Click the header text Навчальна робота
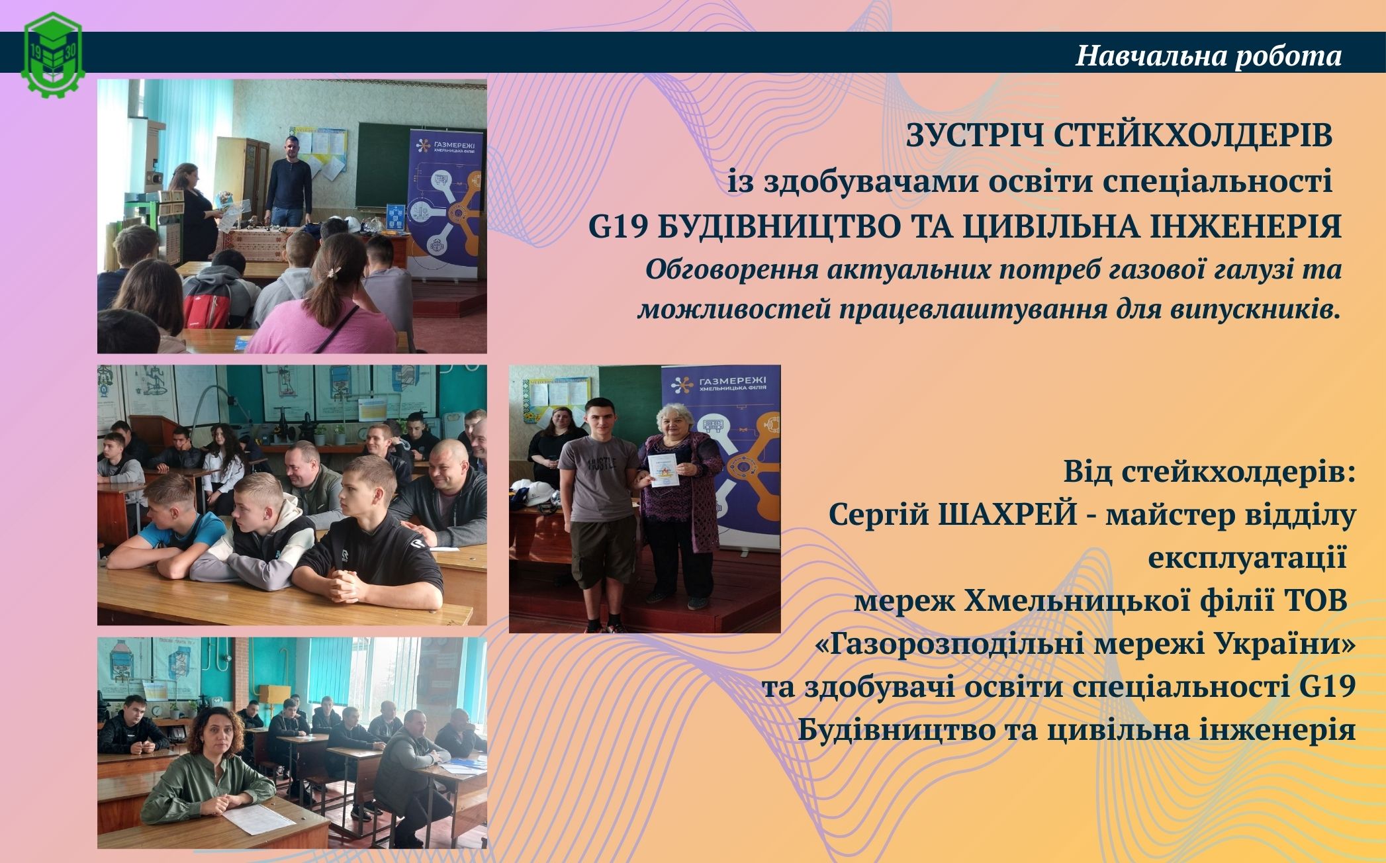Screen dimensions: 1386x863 [x=1209, y=56]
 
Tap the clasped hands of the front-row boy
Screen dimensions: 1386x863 [x=347, y=583]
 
